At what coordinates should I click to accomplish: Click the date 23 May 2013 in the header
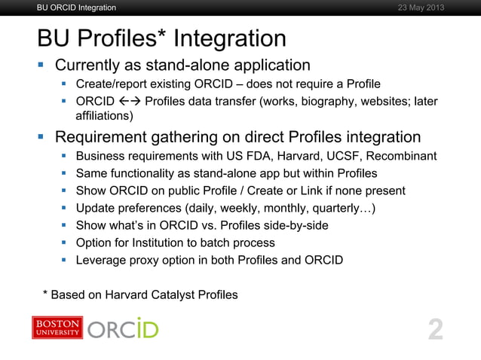point(420,8)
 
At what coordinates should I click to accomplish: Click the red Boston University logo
point(57,328)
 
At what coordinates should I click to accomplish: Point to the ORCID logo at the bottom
point(123,329)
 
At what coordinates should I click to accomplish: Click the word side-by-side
point(294,226)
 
